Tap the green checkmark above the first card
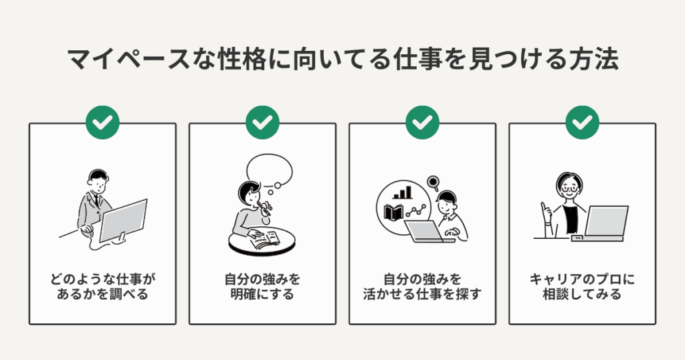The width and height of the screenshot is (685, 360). [x=102, y=123]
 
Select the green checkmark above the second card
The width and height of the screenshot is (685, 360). [x=262, y=123]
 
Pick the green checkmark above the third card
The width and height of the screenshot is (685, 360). [x=422, y=123]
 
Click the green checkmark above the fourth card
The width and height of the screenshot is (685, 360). [x=583, y=123]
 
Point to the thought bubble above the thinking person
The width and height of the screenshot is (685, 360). [x=270, y=171]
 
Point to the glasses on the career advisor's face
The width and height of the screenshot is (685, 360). [x=569, y=189]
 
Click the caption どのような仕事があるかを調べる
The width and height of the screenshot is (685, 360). [x=102, y=286]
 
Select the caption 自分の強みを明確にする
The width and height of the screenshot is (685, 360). [x=262, y=286]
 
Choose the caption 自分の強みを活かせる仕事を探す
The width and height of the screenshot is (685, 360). [x=422, y=286]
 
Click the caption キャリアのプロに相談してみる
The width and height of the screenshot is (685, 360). [x=583, y=286]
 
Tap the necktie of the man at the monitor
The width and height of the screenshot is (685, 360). [x=96, y=200]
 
